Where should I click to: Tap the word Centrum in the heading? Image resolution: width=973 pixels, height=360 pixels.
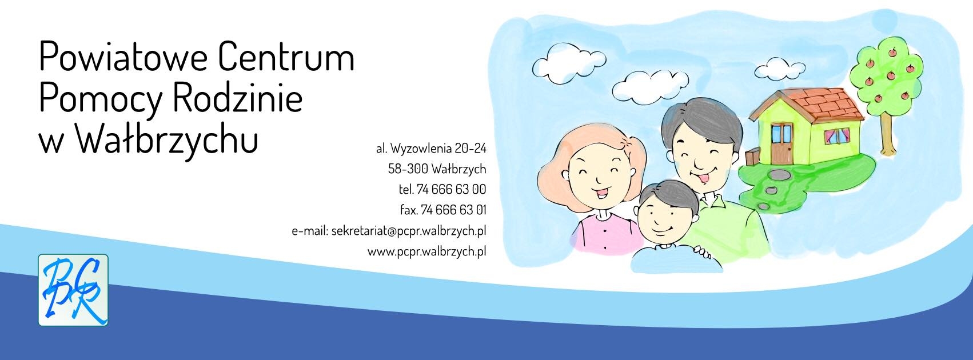tap(286, 57)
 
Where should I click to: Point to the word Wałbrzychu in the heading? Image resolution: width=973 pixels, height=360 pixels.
tap(167, 138)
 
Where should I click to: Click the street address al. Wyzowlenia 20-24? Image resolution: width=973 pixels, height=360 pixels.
tap(432, 149)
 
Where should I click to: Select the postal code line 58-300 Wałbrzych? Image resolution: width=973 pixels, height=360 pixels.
tap(437, 169)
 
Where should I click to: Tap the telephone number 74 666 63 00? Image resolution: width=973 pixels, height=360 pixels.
tap(451, 189)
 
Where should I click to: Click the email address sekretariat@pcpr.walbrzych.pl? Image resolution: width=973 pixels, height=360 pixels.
tap(409, 231)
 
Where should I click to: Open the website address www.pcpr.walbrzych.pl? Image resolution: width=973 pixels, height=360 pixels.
tap(427, 251)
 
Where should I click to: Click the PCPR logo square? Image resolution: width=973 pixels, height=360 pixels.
tap(73, 290)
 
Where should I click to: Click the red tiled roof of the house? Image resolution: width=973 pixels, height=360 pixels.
tap(812, 106)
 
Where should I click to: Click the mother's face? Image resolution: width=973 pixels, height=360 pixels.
tap(600, 179)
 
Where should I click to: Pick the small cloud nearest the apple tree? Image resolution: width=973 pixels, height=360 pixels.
tap(780, 69)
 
